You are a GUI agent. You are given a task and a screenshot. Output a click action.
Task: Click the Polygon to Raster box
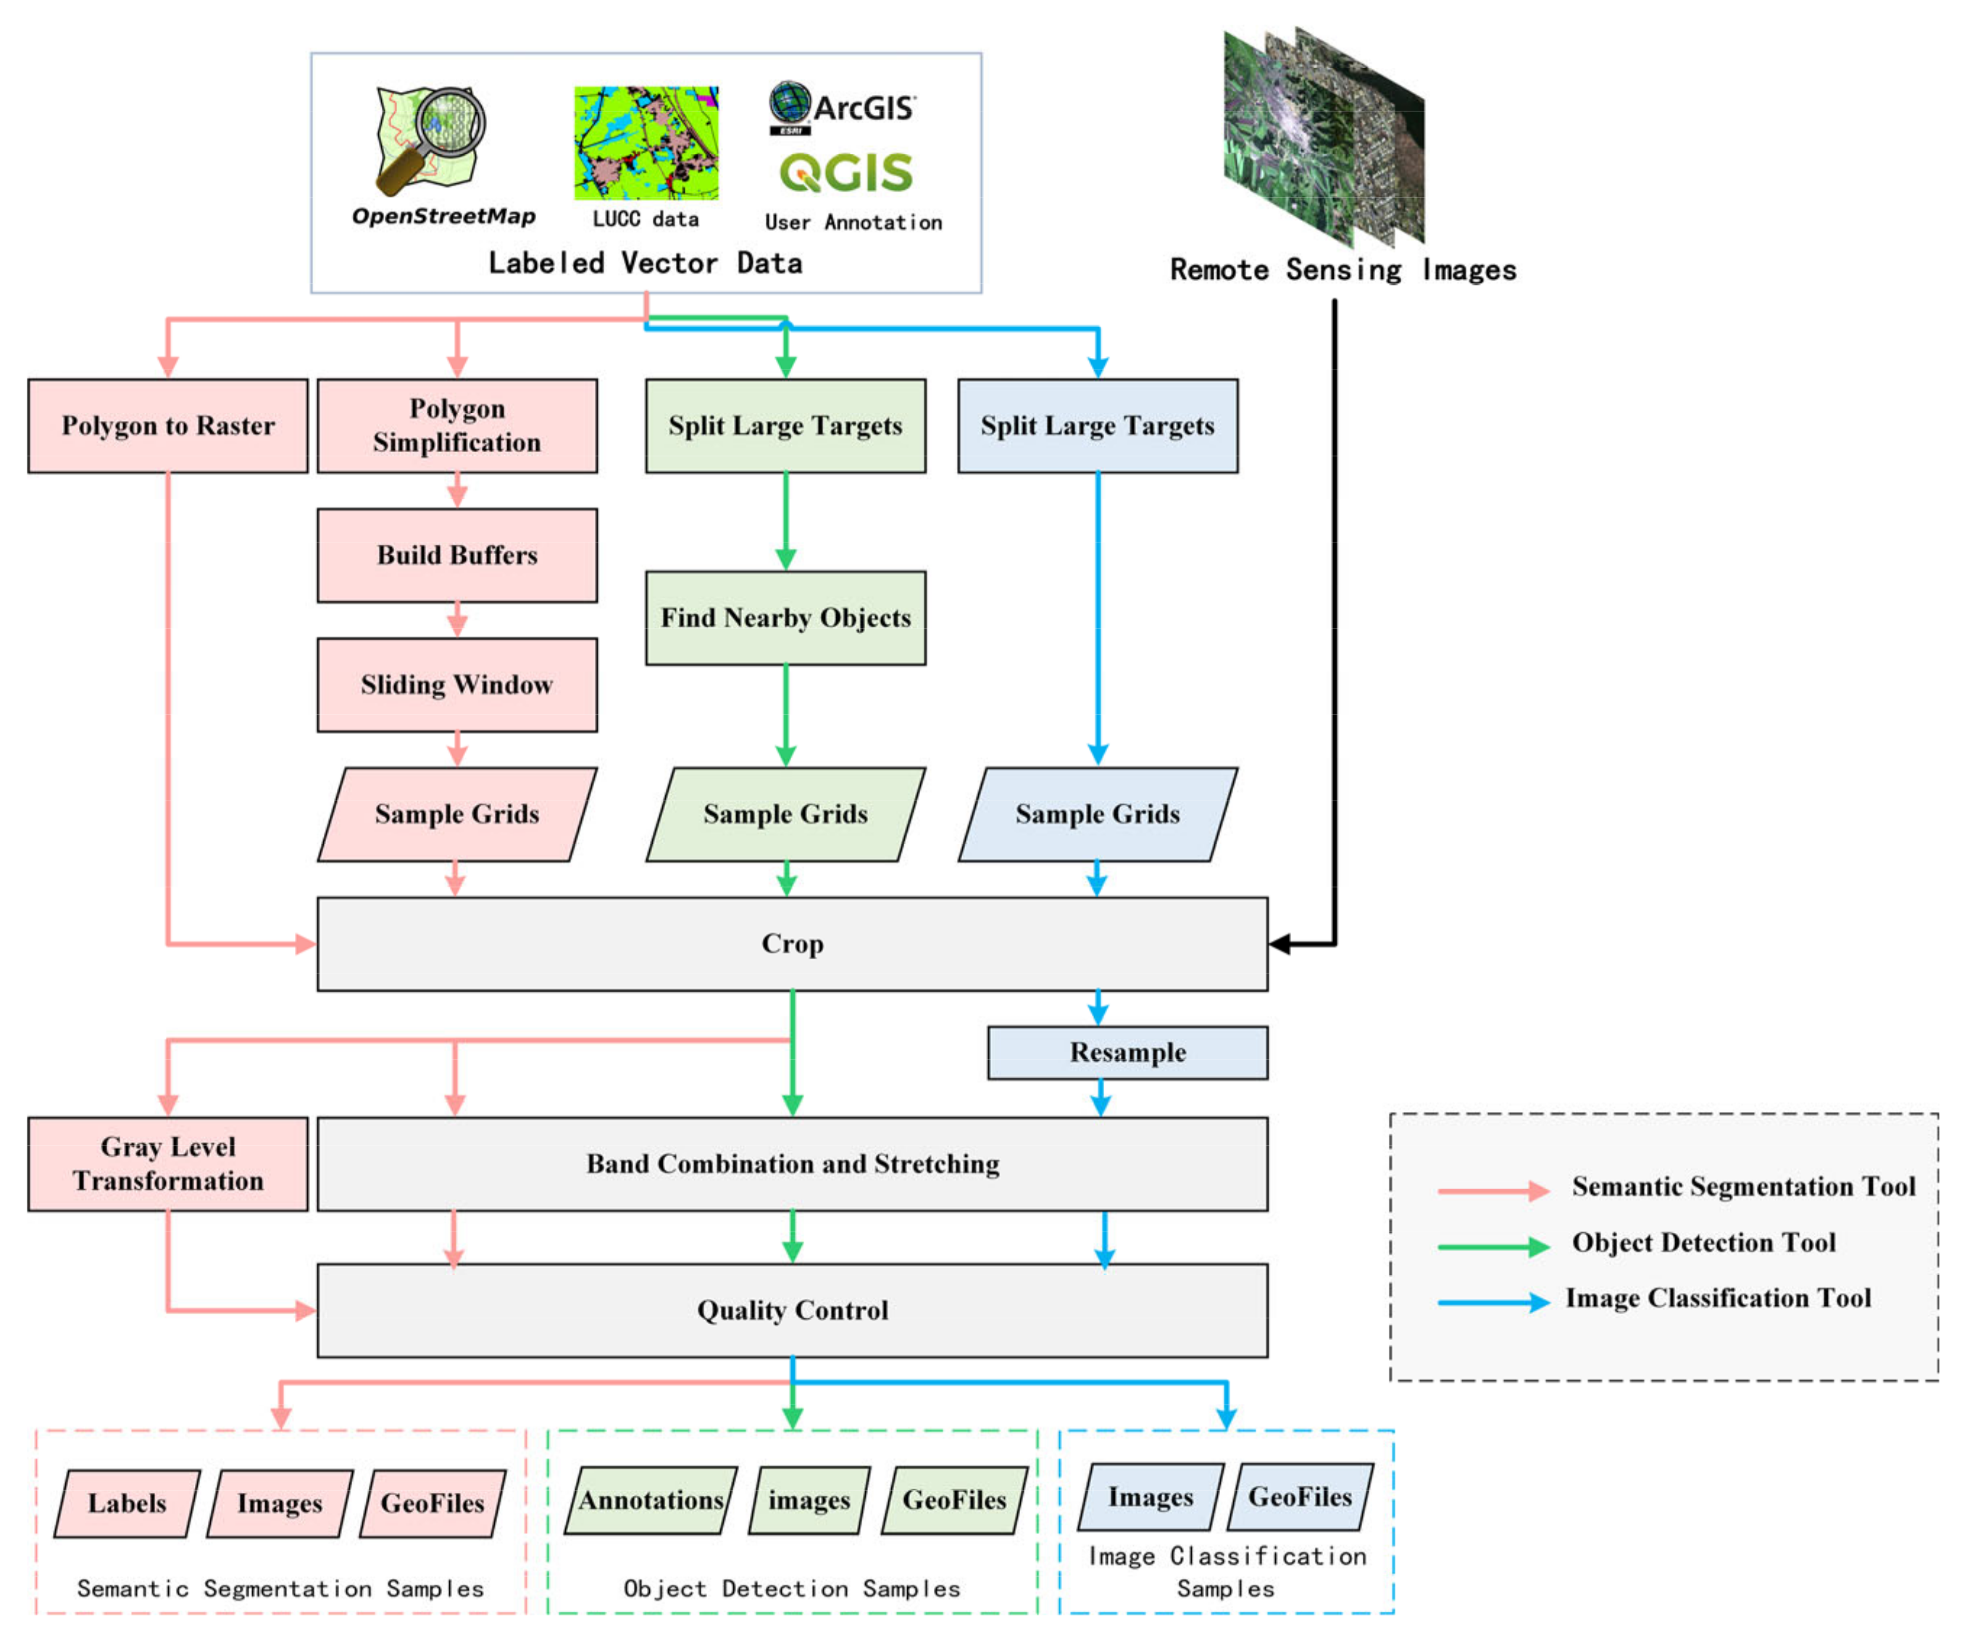pos(168,426)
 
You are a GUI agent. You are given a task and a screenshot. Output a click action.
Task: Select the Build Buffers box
pos(457,556)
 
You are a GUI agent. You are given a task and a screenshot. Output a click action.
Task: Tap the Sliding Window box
pos(457,685)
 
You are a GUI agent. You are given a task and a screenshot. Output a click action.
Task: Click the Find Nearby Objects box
pos(785,619)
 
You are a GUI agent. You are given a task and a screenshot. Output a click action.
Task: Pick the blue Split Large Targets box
pos(1098,426)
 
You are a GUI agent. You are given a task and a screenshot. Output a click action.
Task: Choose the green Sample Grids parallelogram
pos(785,814)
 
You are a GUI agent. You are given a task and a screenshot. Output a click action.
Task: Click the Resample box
pos(1127,1053)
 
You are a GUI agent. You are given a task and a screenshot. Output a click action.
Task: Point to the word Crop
pos(793,944)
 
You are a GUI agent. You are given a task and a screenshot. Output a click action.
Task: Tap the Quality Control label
pos(793,1311)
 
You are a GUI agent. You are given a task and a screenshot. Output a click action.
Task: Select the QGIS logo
pos(846,173)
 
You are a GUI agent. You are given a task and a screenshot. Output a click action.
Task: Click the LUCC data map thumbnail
pos(646,143)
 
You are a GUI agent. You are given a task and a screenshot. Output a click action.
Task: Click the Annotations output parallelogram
pos(651,1501)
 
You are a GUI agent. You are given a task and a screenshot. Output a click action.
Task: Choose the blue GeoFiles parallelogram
pos(1300,1498)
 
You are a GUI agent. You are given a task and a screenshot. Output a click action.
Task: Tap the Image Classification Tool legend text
pos(1718,1299)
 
